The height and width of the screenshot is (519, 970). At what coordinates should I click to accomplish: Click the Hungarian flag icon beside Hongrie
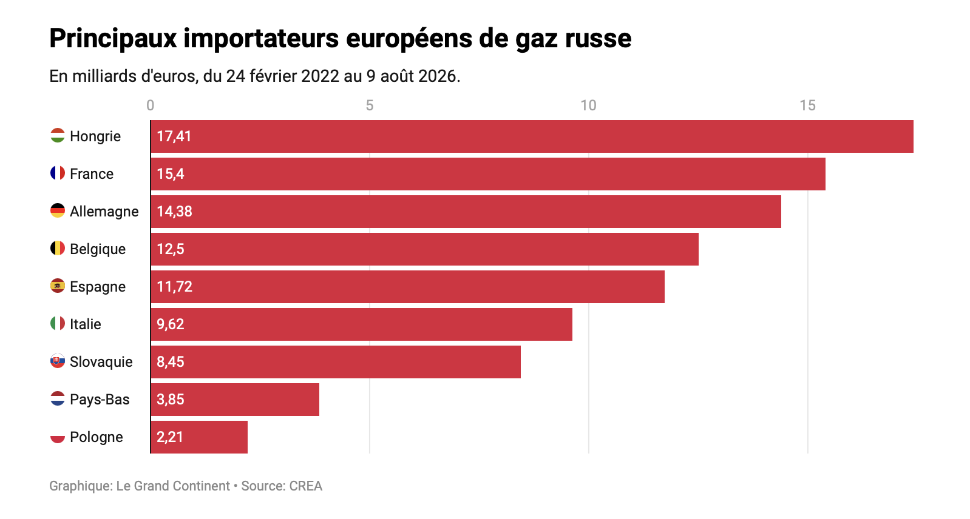coord(58,136)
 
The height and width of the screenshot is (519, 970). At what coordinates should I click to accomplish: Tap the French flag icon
coord(58,173)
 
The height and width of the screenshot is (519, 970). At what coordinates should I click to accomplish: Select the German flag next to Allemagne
coord(58,211)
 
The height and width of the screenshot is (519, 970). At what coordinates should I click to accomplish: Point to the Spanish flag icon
coord(58,286)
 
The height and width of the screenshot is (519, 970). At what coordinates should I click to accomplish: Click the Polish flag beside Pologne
coord(58,437)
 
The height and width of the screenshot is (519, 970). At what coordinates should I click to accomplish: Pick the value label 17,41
coord(174,136)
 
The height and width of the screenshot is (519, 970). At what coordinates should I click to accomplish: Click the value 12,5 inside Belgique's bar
coord(171,249)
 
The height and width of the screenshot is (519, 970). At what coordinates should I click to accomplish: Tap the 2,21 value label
coord(170,437)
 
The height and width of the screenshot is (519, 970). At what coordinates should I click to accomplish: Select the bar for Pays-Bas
coord(235,400)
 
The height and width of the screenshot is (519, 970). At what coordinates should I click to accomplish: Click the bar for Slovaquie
coord(336,362)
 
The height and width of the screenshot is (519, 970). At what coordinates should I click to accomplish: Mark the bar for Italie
coord(362,324)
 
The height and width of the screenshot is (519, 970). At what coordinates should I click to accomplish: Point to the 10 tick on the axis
coord(589,105)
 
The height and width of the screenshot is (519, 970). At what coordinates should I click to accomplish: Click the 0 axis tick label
coord(151,105)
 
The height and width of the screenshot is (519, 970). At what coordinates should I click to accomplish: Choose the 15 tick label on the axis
coord(807,105)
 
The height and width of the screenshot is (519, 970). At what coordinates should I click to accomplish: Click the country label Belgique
coord(98,249)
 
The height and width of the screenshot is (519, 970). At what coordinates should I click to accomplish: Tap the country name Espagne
coord(98,287)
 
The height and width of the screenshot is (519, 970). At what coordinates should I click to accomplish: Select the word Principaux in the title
coord(113,39)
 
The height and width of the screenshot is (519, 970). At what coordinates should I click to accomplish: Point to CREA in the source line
coord(306,486)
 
